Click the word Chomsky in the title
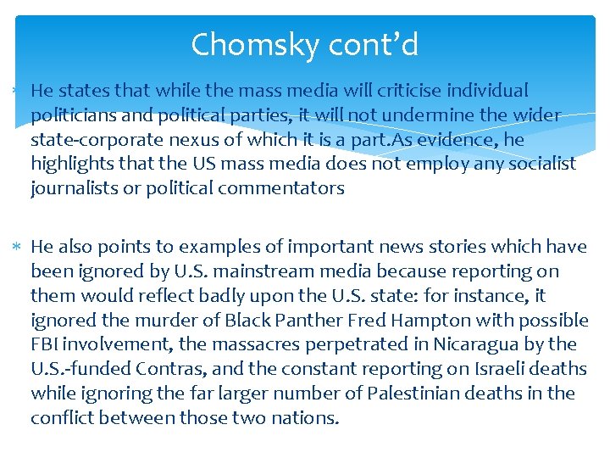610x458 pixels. coord(247,44)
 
